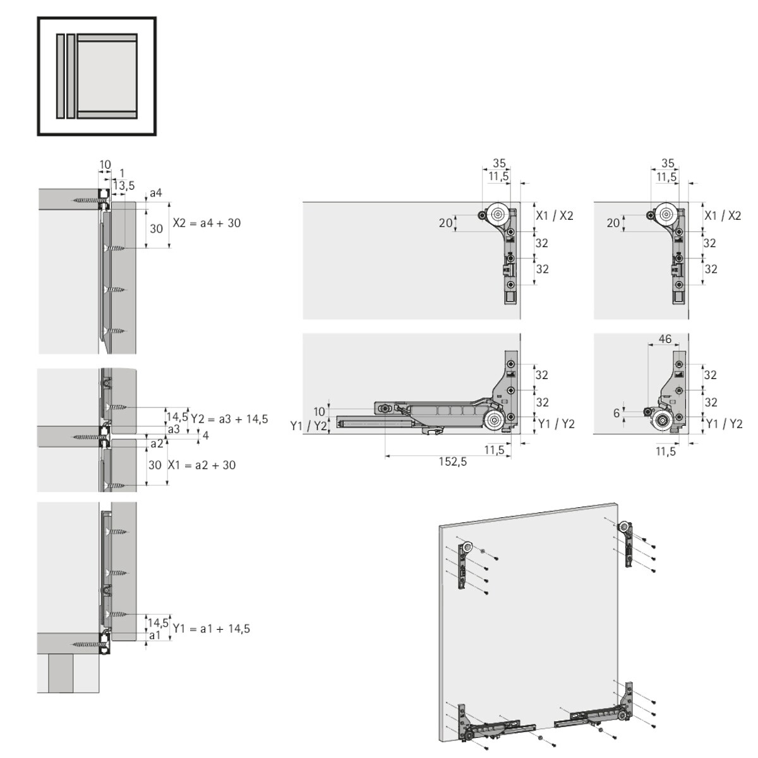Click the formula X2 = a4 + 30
[x=207, y=223]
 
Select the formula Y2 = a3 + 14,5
[x=229, y=419]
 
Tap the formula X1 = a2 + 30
[x=202, y=465]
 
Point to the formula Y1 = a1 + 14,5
[x=211, y=629]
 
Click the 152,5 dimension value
[x=453, y=461]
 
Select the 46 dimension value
[x=665, y=339]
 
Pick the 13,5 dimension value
[x=124, y=185]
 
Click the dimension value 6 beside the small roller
[x=617, y=413]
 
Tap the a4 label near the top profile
[x=156, y=193]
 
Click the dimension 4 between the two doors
[x=205, y=435]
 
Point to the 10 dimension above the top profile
[x=105, y=164]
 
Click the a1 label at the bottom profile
[x=155, y=635]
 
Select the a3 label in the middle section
[x=174, y=429]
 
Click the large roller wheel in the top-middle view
[x=498, y=215]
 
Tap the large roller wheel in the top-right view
[x=666, y=215]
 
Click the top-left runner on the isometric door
[x=464, y=565]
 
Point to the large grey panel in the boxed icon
[x=107, y=76]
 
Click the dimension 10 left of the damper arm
[x=319, y=411]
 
